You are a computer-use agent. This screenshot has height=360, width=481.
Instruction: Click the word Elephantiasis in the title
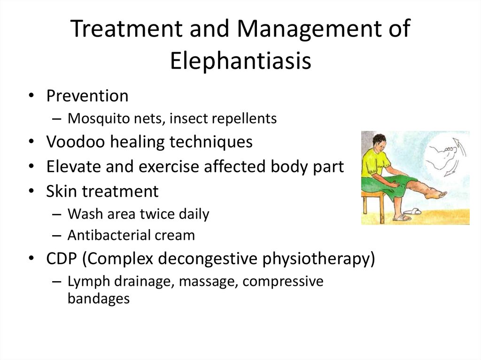click(x=240, y=61)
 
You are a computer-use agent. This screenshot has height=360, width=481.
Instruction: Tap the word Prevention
click(x=87, y=96)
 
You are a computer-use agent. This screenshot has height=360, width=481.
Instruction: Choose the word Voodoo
click(x=76, y=142)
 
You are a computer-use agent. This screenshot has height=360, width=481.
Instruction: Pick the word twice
click(x=156, y=214)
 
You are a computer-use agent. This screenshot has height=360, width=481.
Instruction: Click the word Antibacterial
click(x=109, y=235)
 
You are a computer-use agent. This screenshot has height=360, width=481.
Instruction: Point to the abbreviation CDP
click(x=62, y=258)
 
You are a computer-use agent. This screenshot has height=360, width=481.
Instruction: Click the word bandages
click(x=99, y=299)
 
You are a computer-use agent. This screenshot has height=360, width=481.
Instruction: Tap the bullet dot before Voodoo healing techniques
click(x=31, y=142)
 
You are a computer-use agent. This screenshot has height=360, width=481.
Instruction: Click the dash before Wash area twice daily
click(x=57, y=214)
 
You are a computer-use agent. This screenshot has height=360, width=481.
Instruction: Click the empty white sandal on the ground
click(x=412, y=211)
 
